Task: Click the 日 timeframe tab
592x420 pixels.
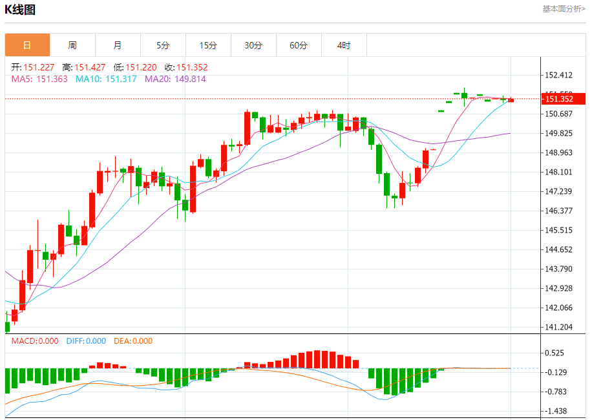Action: tap(27, 45)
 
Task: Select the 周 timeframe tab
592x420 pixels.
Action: tap(72, 45)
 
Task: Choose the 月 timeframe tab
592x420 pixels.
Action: tap(118, 45)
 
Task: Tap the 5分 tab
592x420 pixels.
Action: tap(163, 45)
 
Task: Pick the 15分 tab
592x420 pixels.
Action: tap(208, 45)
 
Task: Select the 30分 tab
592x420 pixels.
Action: tap(253, 45)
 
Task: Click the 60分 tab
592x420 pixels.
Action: tap(299, 45)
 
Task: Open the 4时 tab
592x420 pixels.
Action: tap(344, 45)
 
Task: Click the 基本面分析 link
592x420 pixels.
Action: tap(564, 9)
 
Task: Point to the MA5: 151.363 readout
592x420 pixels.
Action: tap(39, 79)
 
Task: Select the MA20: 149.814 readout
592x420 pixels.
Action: tap(175, 79)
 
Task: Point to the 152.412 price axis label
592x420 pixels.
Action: tap(559, 75)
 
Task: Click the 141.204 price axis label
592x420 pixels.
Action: tap(559, 327)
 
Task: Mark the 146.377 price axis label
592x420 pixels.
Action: tap(559, 211)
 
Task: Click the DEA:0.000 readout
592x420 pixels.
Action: tap(133, 341)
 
